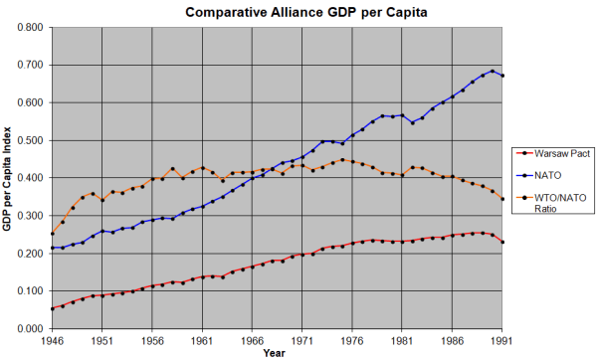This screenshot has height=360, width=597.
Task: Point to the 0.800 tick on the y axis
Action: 30,27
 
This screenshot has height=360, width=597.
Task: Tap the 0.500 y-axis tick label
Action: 30,140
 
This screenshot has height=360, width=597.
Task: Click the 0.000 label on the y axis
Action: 30,329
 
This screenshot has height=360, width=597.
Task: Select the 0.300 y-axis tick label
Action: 30,216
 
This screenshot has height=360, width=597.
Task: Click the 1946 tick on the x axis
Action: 54,339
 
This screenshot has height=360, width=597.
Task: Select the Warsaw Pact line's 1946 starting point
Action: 53,309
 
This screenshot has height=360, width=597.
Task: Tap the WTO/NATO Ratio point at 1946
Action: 53,234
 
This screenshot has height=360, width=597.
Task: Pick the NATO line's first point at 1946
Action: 53,248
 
